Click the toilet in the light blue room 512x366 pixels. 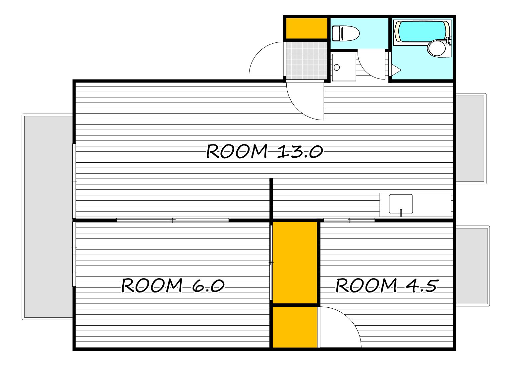coord(345,33)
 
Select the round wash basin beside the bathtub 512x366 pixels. coord(436,48)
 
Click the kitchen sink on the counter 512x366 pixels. coord(401,204)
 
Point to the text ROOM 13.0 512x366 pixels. coord(264,151)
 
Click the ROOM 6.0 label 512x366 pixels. coord(173,285)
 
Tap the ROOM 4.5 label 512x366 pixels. coord(387,285)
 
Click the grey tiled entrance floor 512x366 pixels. coord(307,61)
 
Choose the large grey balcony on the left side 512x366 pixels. coord(48,217)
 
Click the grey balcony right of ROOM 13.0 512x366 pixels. coord(471,139)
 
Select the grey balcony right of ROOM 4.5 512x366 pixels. coord(473,266)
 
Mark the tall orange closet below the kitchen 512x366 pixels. coord(295,263)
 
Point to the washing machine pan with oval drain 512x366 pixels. coord(344,67)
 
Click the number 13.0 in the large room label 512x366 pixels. coord(300,151)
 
